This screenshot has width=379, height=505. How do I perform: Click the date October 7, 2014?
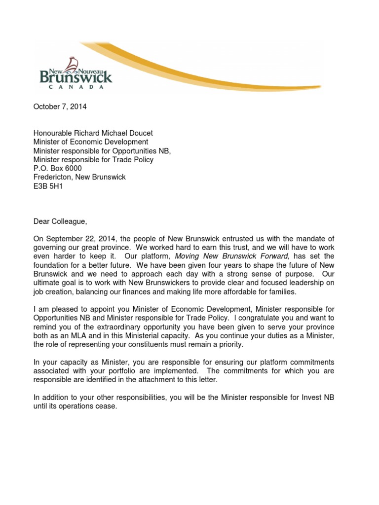[x=60, y=107]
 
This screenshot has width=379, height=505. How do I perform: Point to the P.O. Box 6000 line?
[x=57, y=168]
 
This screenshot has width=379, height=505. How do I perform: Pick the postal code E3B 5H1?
[x=48, y=186]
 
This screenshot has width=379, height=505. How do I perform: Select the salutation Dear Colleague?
[x=60, y=221]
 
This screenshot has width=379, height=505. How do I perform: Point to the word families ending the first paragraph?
[x=282, y=292]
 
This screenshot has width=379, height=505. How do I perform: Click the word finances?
[x=137, y=292]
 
